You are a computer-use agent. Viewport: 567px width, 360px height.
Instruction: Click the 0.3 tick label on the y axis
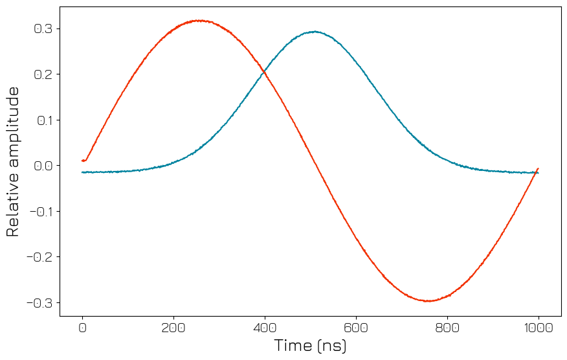[43, 29]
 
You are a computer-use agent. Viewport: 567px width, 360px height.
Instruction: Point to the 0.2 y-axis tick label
[43, 74]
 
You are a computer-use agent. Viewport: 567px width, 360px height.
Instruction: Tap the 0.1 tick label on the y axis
[43, 120]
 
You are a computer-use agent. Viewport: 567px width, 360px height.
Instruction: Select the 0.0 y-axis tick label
[43, 166]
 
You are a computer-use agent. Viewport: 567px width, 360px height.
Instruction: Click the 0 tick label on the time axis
[82, 328]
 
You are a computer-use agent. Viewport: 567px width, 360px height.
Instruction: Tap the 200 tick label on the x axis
[173, 328]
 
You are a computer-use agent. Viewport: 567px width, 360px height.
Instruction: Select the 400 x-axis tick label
[265, 328]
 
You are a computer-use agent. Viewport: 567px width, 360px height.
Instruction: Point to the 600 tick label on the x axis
[356, 328]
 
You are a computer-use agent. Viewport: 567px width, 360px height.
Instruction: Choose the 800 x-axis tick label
[447, 328]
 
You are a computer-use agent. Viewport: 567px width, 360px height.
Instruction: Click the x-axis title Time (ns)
[310, 346]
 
